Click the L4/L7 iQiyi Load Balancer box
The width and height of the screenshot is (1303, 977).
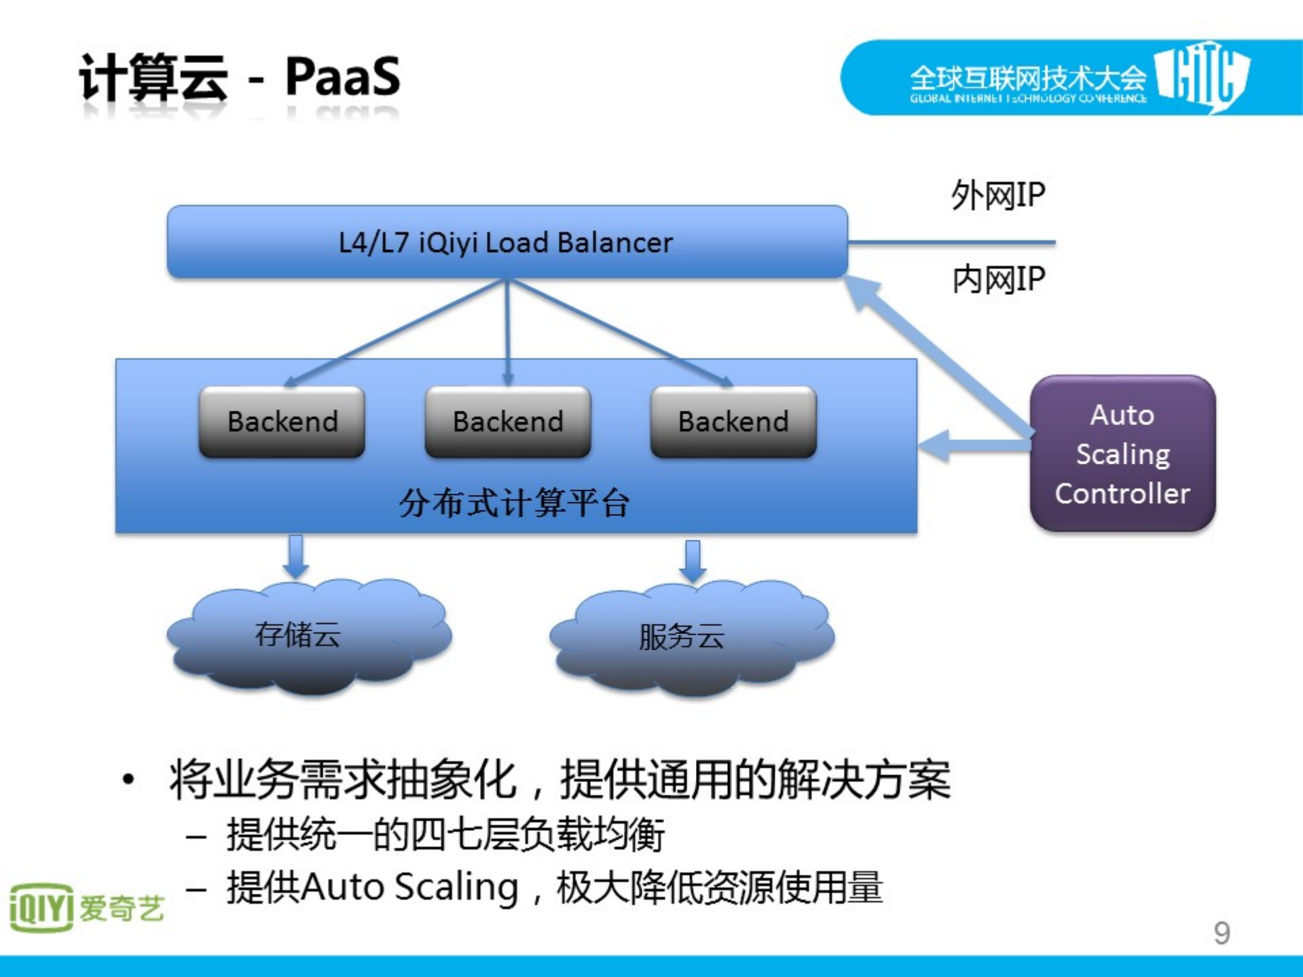507,242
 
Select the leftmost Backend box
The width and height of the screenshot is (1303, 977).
282,422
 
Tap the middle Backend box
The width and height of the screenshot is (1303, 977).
507,422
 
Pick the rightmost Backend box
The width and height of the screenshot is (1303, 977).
733,422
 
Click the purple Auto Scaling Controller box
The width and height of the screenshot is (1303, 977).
1122,454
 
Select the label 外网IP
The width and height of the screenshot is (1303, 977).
997,196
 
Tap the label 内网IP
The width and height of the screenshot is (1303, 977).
998,279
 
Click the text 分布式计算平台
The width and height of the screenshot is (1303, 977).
514,503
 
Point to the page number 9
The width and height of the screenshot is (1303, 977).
1222,933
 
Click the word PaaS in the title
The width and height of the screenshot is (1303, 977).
342,77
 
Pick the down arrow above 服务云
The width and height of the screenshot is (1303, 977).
693,561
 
